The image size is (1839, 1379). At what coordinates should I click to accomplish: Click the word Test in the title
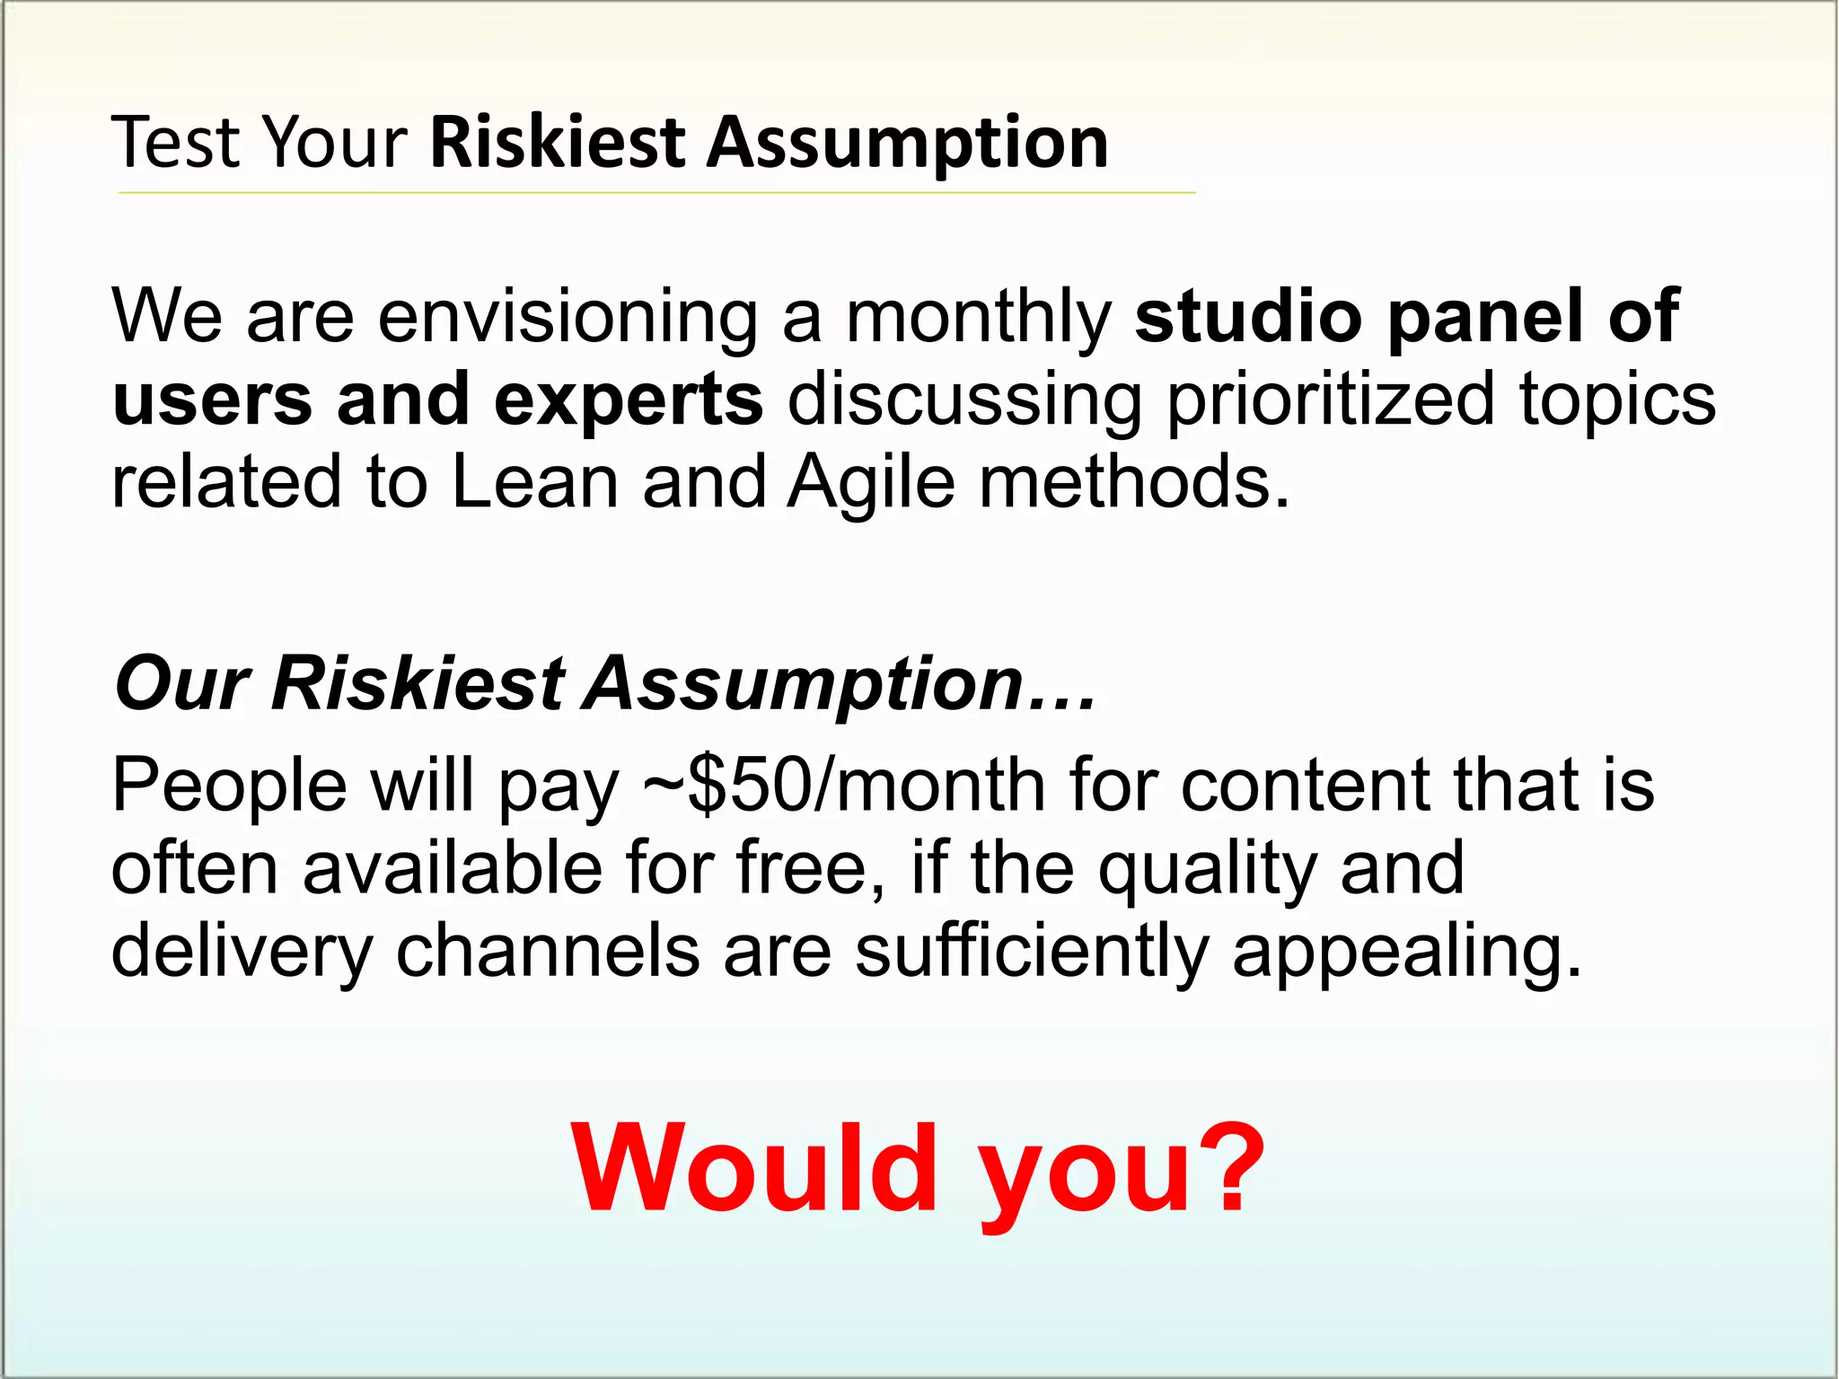point(177,143)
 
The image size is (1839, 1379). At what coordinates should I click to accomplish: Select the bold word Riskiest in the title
point(558,143)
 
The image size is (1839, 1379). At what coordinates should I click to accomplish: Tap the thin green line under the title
point(656,192)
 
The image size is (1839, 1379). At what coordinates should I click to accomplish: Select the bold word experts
point(629,400)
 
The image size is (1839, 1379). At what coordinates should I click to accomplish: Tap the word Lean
point(534,483)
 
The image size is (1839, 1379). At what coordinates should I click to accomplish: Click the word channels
point(547,952)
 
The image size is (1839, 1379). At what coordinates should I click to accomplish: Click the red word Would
point(754,1169)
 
